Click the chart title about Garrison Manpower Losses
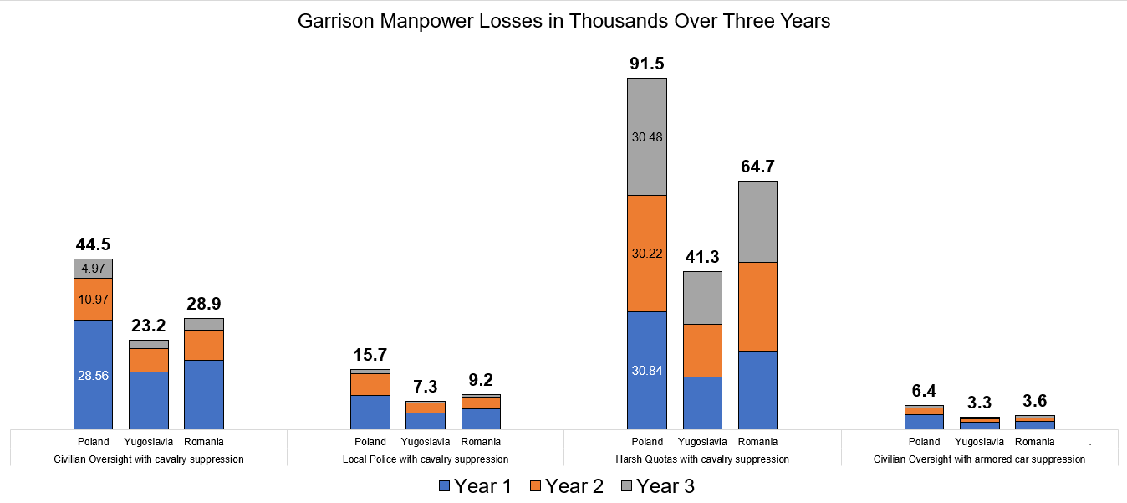pos(563,22)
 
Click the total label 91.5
pos(646,64)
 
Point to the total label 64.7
pos(757,167)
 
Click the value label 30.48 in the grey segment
pos(646,137)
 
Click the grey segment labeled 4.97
pos(93,269)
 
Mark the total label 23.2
pos(148,326)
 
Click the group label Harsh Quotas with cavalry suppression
pos(702,459)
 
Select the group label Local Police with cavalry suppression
pos(426,459)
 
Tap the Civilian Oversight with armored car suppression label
pos(979,459)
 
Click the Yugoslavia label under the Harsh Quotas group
pos(702,442)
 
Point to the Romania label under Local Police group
pos(481,442)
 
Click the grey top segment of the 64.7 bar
pos(757,222)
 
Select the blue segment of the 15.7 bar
pos(370,412)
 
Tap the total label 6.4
pos(924,391)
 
